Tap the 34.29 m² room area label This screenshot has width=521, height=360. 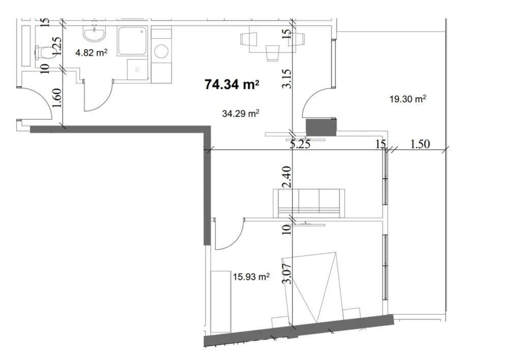point(241,114)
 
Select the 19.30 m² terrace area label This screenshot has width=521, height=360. point(408,100)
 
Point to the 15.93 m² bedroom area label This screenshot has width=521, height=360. point(251,277)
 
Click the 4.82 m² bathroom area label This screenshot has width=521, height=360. point(91,52)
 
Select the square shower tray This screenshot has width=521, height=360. point(133,41)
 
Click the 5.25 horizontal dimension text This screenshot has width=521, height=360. point(300,145)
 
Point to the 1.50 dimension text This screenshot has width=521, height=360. point(420,145)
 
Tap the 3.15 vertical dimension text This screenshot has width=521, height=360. point(287,79)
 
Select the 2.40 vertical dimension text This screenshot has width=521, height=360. point(287,176)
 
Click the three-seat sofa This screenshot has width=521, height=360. point(308,202)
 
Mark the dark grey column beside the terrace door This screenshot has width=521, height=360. point(321,127)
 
